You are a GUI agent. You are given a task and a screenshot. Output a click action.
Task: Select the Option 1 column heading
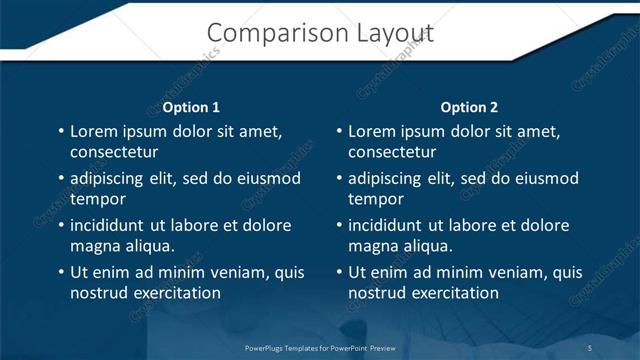click(x=190, y=107)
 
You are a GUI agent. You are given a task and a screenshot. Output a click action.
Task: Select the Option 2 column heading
click(x=469, y=107)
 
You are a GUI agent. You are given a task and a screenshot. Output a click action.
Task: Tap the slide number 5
click(x=590, y=348)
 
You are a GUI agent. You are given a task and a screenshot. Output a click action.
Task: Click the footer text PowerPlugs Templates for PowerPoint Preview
click(x=321, y=348)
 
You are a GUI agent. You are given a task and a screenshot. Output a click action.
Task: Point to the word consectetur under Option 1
click(x=114, y=152)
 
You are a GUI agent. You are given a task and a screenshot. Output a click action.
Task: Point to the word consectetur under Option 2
click(x=392, y=152)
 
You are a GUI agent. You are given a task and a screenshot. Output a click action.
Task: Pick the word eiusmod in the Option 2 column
click(x=546, y=179)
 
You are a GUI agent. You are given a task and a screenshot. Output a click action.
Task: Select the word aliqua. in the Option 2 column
click(x=427, y=246)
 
